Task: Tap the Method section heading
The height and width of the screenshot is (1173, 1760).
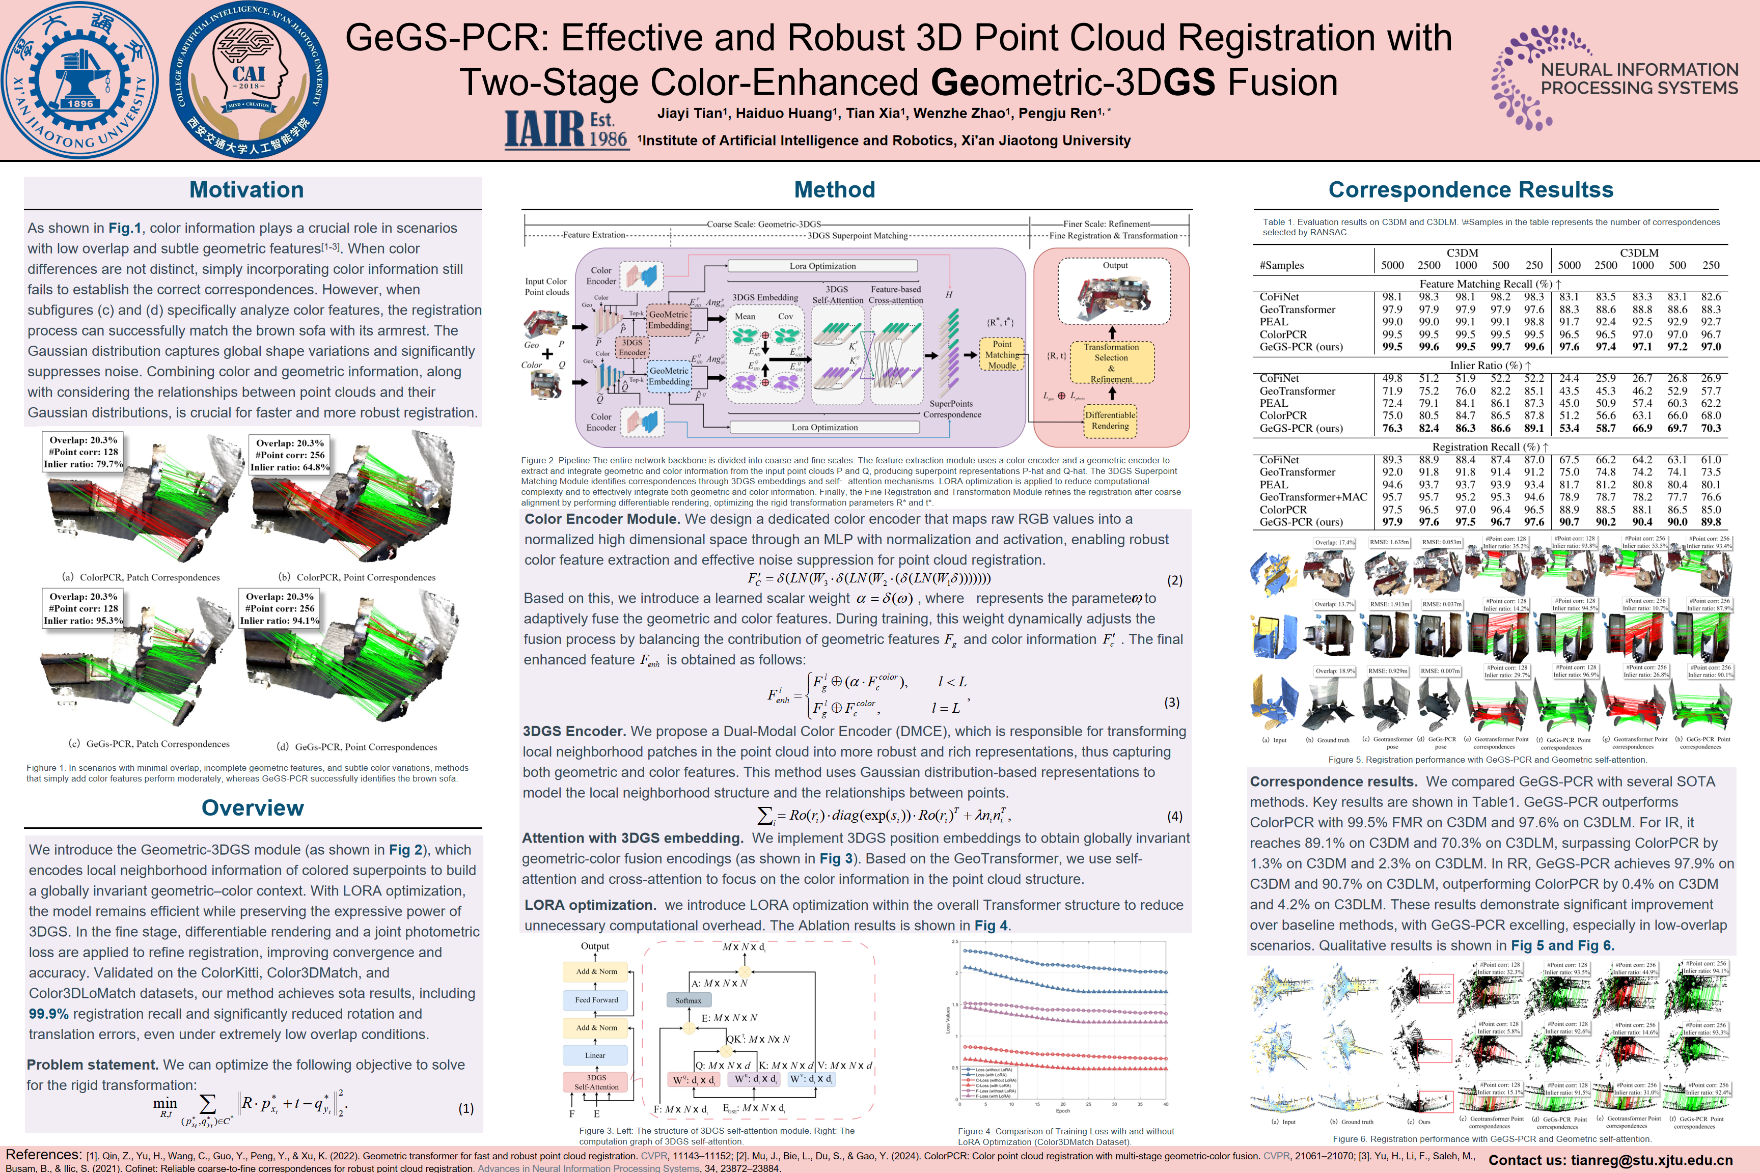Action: click(834, 190)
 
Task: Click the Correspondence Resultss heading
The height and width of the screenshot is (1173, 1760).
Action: click(1470, 190)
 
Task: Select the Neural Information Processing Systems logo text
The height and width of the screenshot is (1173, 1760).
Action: click(1639, 78)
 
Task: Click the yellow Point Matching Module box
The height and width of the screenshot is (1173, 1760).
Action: click(1002, 354)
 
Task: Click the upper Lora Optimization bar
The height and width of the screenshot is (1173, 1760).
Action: click(822, 266)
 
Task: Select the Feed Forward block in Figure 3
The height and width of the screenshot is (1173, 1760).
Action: click(596, 999)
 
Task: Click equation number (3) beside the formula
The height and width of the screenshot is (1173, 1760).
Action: click(1172, 703)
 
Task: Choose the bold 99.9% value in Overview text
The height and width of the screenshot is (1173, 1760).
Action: click(49, 1014)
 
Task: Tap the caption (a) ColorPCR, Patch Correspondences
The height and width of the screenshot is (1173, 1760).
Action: click(141, 577)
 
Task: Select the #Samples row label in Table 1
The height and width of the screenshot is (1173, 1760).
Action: click(1282, 266)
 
